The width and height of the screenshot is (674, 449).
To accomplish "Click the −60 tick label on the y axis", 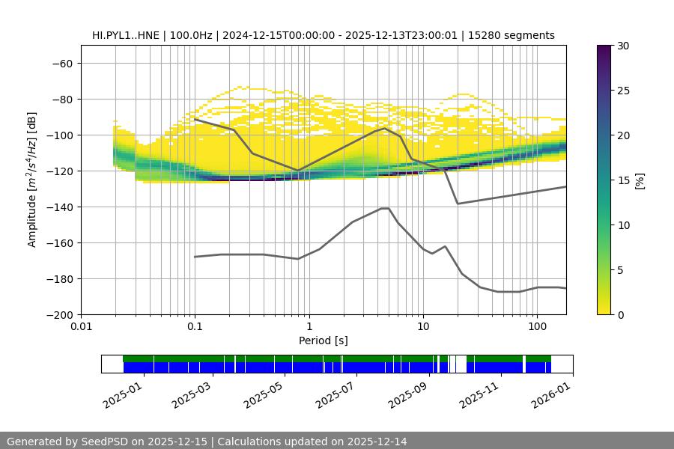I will coord(62,63).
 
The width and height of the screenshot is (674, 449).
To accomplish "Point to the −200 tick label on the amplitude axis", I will coord(59,314).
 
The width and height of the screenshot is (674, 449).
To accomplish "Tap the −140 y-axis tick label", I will coord(59,207).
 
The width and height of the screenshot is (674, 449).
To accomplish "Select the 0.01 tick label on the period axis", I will coord(81,326).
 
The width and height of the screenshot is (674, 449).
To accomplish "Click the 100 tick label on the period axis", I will coord(537,326).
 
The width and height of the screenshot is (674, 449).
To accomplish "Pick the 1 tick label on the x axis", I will coord(309,326).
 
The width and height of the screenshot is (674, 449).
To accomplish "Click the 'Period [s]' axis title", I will coord(324,340).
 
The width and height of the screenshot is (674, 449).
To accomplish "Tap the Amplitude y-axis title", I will coord(32,180).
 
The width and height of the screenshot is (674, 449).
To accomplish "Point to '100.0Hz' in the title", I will coord(194,35).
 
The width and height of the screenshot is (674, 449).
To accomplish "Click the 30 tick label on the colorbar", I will coord(622,46).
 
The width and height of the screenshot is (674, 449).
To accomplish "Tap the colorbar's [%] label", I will coord(640,180).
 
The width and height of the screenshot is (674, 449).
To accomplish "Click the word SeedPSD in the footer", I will coord(103,442).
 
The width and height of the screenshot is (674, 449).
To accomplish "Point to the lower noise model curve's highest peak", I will coord(385,208).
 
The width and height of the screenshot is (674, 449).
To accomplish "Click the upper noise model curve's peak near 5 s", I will coord(385,128).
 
